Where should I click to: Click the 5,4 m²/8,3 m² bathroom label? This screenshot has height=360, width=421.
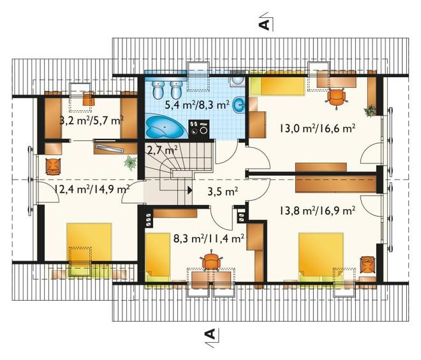(x=197, y=104)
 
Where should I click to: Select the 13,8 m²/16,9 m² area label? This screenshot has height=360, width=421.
(x=318, y=210)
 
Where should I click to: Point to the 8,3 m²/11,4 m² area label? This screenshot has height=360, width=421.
(x=209, y=238)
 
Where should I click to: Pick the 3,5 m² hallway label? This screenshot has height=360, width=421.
(x=223, y=191)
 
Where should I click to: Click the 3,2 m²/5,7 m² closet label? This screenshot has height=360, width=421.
(x=92, y=120)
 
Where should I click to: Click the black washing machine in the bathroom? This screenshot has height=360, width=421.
(x=198, y=129)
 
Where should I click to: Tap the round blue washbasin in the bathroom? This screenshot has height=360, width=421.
(x=239, y=104)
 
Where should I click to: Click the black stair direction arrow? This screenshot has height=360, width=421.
(x=190, y=190)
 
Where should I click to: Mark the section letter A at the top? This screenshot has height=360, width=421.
(x=264, y=24)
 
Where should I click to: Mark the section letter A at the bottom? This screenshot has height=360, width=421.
(x=211, y=334)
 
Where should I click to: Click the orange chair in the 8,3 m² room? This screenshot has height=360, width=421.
(x=211, y=261)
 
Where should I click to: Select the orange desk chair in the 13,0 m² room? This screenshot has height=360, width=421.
(x=337, y=97)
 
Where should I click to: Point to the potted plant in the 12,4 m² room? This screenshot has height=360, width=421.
(x=131, y=163)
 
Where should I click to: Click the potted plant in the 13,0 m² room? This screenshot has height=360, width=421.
(x=370, y=110)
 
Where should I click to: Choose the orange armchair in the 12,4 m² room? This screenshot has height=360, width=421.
(x=53, y=166)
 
